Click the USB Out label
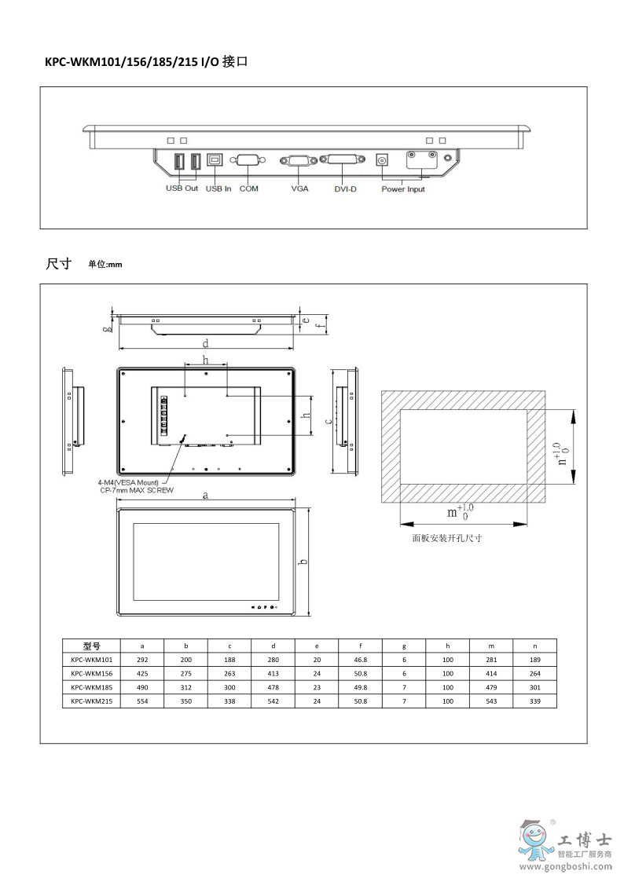pos(182,189)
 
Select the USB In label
pos(218,189)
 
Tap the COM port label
pos(249,189)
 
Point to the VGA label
pos(299,189)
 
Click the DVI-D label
pos(345,189)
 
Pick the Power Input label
pos(403,189)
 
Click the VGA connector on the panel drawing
pos(299,160)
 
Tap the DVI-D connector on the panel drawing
pos(342,160)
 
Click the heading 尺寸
pos(59,264)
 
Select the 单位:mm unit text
pos(105,265)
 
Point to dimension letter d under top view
pos(206,343)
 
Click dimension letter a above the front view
pos(205,496)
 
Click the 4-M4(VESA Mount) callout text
pos(128,481)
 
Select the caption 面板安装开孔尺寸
pos(446,539)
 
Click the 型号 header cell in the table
pos(92,646)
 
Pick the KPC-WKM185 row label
pos(92,687)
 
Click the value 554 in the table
pos(142,701)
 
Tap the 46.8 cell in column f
pos(360,660)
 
